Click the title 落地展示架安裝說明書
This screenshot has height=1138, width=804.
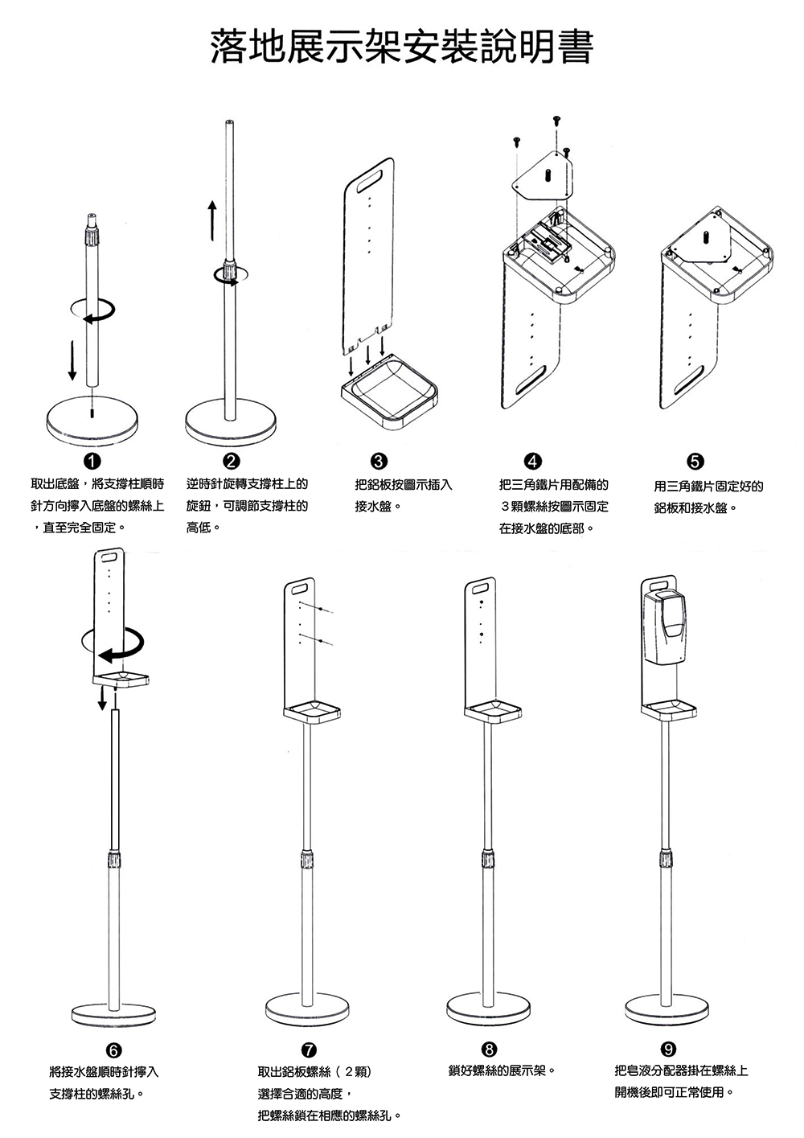point(402,47)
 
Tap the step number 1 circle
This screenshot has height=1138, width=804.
point(92,461)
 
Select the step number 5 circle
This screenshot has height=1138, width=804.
point(696,461)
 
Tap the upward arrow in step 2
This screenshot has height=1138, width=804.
point(211,218)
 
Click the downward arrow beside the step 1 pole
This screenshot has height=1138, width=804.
point(72,359)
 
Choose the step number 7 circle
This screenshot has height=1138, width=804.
point(308,1050)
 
